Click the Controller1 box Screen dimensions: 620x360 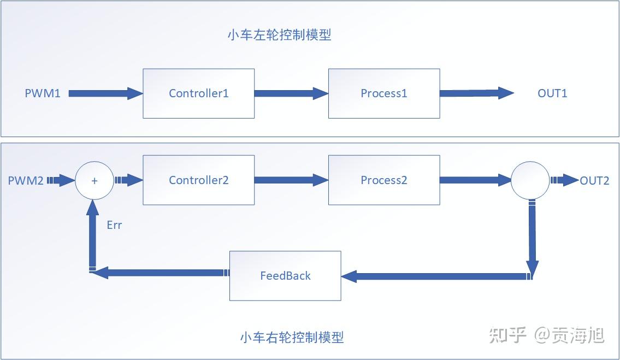(x=198, y=93)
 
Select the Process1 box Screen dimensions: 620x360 (x=384, y=93)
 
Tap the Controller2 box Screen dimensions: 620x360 (x=198, y=180)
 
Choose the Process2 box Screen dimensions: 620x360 (x=384, y=180)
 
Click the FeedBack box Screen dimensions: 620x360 (x=285, y=276)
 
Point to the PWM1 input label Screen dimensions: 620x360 (x=43, y=93)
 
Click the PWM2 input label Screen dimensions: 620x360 (x=26, y=180)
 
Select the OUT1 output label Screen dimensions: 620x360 (x=552, y=93)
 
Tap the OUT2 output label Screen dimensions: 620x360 (x=595, y=180)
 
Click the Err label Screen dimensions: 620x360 (x=114, y=225)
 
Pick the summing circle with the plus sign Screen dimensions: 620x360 (x=95, y=180)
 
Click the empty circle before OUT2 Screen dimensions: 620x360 (x=530, y=180)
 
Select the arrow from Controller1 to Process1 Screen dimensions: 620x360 (x=291, y=93)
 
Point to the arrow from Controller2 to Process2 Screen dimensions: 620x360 (x=291, y=180)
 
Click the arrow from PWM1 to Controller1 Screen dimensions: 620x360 (x=105, y=93)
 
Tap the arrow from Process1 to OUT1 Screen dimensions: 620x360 (x=477, y=93)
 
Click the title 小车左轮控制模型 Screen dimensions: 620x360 (x=280, y=35)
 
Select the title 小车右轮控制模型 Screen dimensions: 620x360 (x=292, y=337)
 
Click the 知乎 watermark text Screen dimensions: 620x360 (x=507, y=335)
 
